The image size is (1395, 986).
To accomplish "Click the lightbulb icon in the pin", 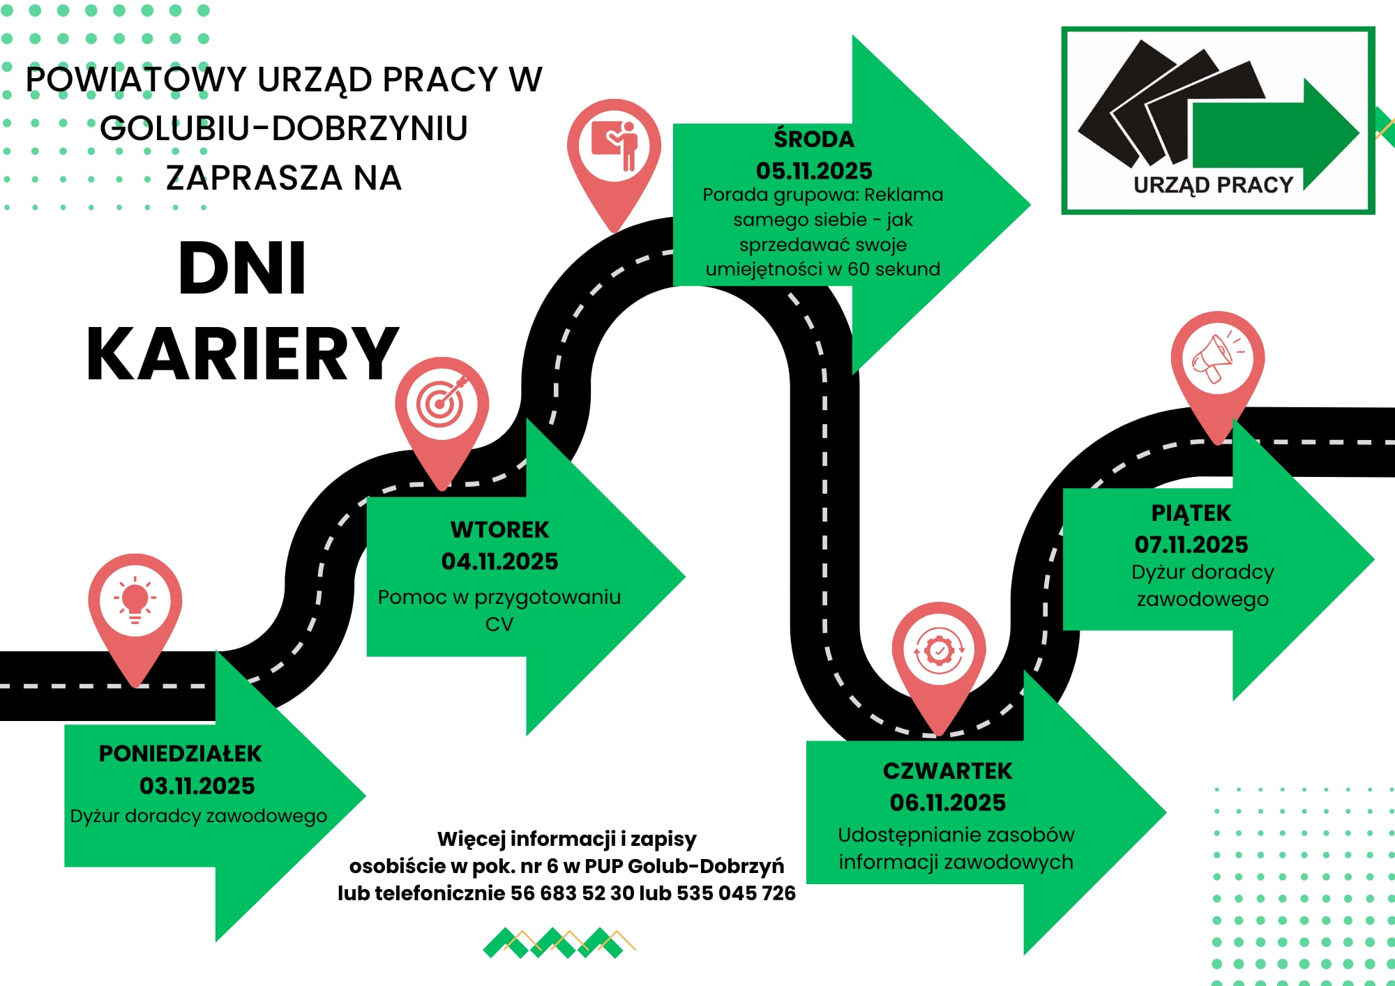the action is click(x=135, y=600).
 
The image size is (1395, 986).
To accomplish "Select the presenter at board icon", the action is click(x=614, y=146).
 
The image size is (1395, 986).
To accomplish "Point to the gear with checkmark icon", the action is click(x=939, y=651).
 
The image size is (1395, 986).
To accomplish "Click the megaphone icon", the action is click(x=1217, y=357).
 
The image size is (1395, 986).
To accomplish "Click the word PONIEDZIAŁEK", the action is click(x=180, y=754).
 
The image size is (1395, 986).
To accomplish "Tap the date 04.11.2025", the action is click(x=499, y=561).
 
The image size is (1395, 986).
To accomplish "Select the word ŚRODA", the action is click(x=814, y=138).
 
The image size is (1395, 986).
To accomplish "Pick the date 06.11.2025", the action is click(x=948, y=803).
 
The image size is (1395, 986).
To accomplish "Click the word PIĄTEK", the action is click(x=1191, y=513).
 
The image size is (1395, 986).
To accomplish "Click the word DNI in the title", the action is click(x=242, y=268).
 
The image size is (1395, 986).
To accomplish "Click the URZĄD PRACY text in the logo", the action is click(x=1214, y=185).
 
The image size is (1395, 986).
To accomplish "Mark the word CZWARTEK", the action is click(x=948, y=771).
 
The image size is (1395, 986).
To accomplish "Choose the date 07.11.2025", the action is click(x=1191, y=545).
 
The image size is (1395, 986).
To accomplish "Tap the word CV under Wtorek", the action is click(x=499, y=624).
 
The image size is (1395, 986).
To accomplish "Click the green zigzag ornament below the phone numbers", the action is click(x=559, y=943).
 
